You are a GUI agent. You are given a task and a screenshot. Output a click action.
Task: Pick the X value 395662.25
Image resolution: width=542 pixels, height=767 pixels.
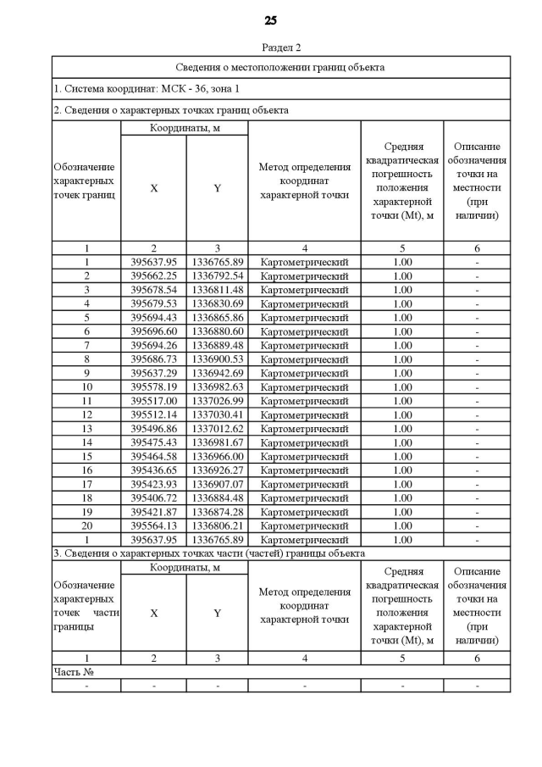(153, 275)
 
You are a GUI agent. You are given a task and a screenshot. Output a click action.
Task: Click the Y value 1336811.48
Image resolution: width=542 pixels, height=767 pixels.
(217, 290)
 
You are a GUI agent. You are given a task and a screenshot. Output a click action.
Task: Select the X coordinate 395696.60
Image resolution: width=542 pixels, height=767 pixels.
(153, 331)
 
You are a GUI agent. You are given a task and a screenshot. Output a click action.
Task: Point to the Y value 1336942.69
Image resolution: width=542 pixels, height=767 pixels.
(217, 373)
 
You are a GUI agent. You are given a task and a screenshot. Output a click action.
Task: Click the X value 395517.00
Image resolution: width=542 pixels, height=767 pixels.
(153, 401)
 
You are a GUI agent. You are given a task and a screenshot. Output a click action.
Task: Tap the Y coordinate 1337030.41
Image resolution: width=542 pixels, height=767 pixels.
(217, 414)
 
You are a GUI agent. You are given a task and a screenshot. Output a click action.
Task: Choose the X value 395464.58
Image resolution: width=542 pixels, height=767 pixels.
(153, 456)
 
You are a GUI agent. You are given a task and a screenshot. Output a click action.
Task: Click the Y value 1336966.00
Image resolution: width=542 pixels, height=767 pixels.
(217, 456)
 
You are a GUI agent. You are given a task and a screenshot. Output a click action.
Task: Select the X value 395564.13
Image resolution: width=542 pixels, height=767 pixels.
(153, 525)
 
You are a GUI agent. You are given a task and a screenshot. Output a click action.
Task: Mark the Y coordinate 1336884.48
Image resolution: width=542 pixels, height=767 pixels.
(217, 497)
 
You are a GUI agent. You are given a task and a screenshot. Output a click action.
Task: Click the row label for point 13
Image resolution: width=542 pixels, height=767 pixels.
(86, 429)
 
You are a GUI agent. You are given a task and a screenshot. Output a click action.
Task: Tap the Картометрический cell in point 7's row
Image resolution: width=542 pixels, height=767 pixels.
(304, 345)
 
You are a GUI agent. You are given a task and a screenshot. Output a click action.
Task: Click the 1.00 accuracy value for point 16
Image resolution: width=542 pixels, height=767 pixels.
(402, 470)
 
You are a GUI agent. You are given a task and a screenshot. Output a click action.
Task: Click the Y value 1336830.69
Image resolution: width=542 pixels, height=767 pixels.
(217, 303)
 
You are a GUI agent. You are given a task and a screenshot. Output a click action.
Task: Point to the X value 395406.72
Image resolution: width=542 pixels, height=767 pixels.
(153, 497)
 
